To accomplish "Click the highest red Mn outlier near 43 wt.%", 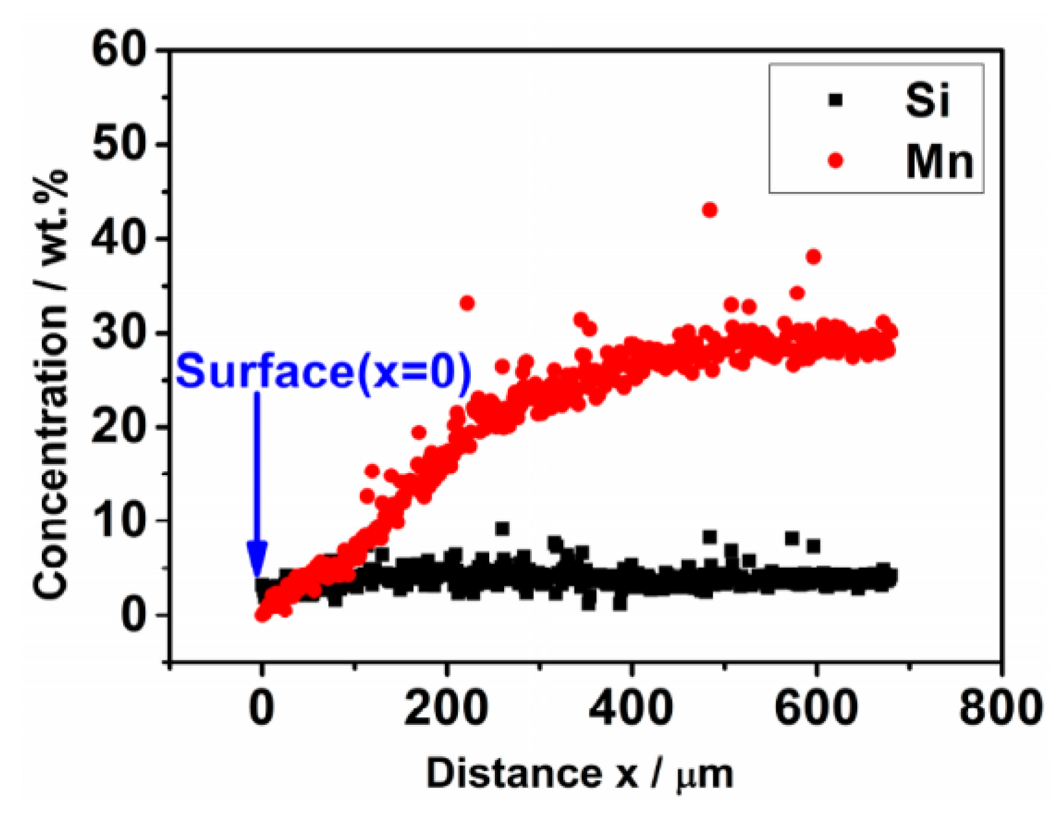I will click(x=709, y=210).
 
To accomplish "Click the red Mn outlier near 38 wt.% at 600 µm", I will click(x=813, y=257).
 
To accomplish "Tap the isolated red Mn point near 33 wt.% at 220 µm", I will click(x=467, y=303).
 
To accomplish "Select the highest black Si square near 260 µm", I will click(x=502, y=529).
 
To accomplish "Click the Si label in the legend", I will click(x=927, y=100).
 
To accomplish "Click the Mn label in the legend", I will click(x=939, y=162).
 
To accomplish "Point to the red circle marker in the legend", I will click(x=835, y=161).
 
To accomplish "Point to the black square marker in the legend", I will click(x=835, y=99).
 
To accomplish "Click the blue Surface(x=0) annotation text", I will click(x=324, y=372).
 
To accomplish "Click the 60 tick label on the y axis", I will click(x=119, y=49).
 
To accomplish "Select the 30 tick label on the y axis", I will click(x=119, y=333).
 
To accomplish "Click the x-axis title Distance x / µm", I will click(x=579, y=773).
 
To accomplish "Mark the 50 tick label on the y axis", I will click(x=119, y=145).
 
